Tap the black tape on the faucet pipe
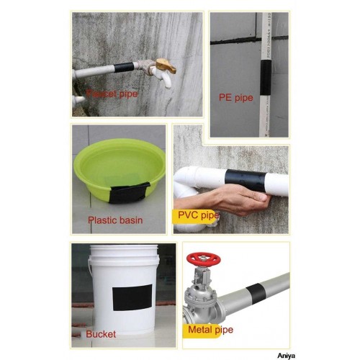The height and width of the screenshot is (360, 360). tap(125, 68)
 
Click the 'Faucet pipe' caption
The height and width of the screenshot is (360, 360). tap(112, 93)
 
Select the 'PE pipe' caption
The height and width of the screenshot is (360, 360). tap(236, 97)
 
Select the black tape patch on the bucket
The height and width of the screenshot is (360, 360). tap(132, 297)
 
